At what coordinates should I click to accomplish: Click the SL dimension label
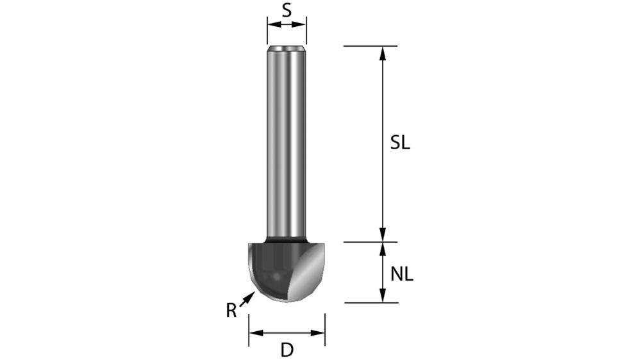(x=400, y=143)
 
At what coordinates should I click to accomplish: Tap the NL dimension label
(x=402, y=275)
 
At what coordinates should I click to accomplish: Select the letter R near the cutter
(x=231, y=311)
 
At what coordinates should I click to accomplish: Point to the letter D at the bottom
(x=287, y=350)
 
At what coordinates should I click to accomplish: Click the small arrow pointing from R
(x=247, y=297)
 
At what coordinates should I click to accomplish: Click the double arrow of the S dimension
(x=287, y=25)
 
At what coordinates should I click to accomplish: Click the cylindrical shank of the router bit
(x=286, y=141)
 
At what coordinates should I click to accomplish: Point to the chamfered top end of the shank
(x=287, y=48)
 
